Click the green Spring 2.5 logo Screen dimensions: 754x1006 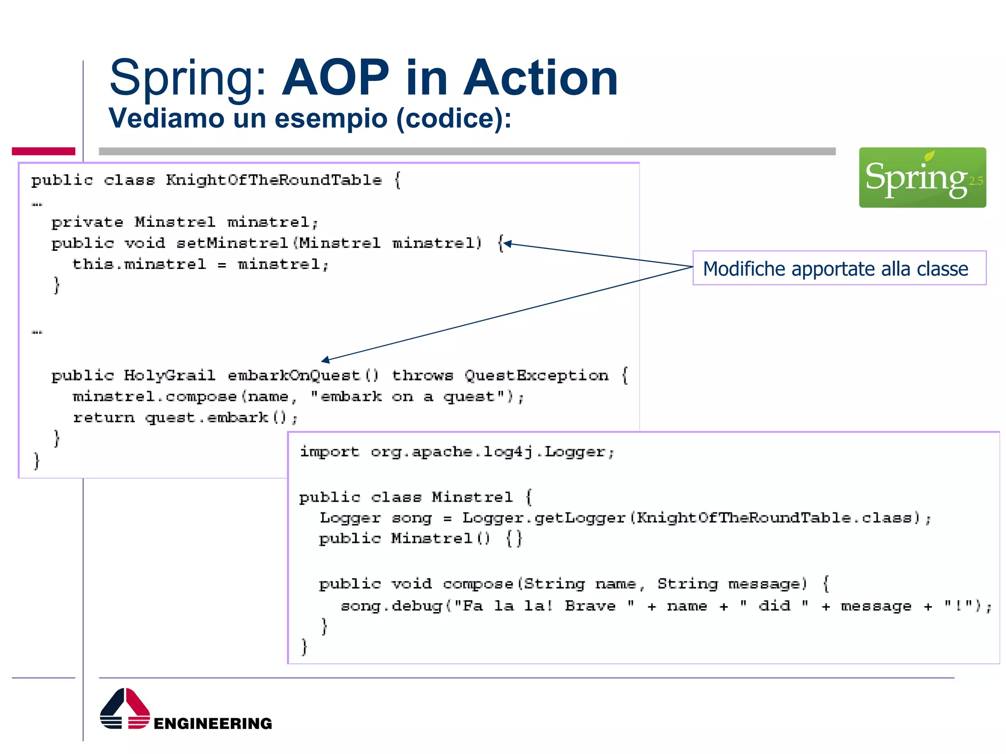point(922,177)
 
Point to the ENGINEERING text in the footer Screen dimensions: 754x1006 point(213,723)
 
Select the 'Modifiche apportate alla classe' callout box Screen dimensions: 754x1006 point(839,268)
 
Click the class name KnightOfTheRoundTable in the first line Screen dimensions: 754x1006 point(274,180)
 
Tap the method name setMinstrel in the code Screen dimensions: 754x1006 point(232,243)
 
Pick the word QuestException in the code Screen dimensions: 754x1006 point(536,376)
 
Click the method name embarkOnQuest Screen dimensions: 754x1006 point(294,376)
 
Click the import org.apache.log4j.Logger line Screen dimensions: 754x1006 point(457,452)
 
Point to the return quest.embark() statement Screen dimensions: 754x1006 point(185,418)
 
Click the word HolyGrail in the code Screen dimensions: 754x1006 point(169,376)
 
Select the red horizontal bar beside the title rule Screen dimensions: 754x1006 point(43,151)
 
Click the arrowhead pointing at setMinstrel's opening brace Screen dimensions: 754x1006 point(507,243)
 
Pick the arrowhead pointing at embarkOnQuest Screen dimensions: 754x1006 point(325,361)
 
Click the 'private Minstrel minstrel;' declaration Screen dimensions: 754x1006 point(185,222)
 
